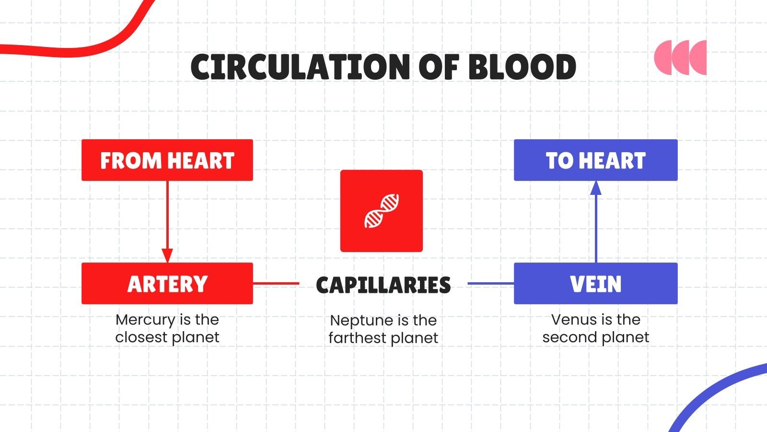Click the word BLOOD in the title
coord(522,67)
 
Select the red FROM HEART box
coord(167,160)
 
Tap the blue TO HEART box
coord(595,160)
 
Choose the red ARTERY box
coord(167,284)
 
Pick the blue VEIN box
coord(595,284)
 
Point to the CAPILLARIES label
coord(383,285)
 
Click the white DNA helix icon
coord(382,211)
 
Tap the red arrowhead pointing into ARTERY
coord(167,255)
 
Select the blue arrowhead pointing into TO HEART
coord(596,188)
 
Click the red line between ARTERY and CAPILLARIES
coord(276,284)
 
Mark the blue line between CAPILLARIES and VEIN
coord(490,284)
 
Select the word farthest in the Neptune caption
coord(355,338)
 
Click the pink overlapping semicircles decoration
coord(680,58)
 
